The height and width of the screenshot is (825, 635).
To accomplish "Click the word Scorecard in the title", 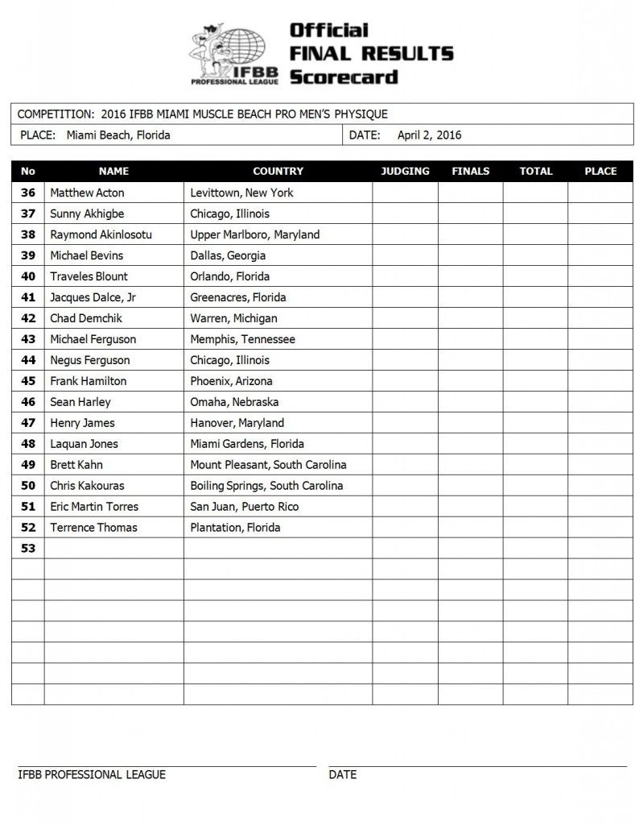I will (x=344, y=77).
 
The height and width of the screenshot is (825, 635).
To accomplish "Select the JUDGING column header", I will (x=405, y=172).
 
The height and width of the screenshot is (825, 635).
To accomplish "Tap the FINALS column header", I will (x=471, y=172).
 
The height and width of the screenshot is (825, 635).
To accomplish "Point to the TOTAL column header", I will (x=536, y=172).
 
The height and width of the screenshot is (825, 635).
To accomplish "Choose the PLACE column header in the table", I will (x=600, y=172).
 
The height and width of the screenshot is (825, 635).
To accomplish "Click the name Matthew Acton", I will (x=87, y=193).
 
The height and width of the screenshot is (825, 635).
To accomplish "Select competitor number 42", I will (x=28, y=318).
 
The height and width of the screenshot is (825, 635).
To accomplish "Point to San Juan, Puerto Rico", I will (x=244, y=507).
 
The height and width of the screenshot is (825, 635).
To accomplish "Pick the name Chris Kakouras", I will (x=87, y=486).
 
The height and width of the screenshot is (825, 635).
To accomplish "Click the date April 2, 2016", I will (x=429, y=135).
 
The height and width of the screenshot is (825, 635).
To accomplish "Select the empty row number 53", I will (x=28, y=549).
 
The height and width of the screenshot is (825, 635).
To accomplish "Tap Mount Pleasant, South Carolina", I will (x=268, y=465).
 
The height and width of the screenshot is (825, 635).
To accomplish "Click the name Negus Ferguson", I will (x=89, y=360).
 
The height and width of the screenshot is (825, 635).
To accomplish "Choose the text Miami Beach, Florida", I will (x=118, y=135).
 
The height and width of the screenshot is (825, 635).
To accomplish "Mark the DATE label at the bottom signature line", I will (x=342, y=775).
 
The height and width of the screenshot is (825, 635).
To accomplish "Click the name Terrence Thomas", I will (x=93, y=528).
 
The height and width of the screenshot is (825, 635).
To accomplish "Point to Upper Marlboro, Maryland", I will (x=254, y=234).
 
